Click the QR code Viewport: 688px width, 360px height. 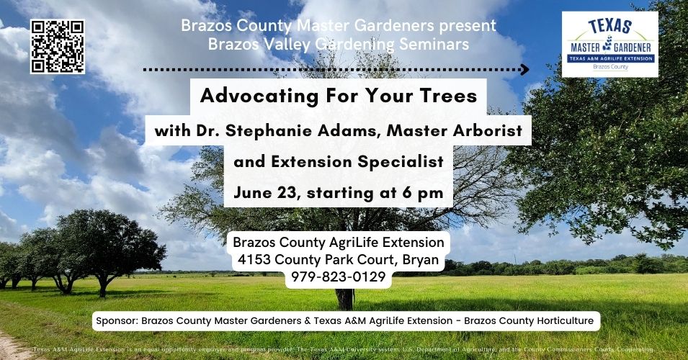[58, 46]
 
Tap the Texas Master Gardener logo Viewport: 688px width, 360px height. [609, 44]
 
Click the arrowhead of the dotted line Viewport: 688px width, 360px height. [524, 70]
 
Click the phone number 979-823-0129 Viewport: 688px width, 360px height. [338, 276]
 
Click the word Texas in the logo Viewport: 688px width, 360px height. [609, 27]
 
